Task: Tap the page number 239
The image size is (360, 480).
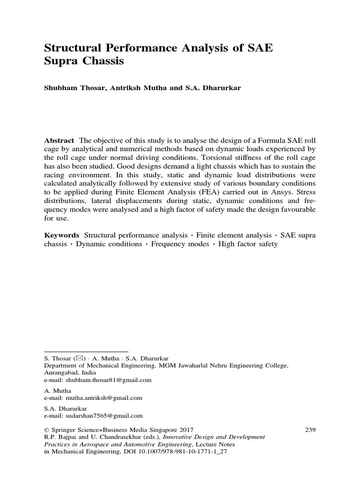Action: pyautogui.click(x=310, y=429)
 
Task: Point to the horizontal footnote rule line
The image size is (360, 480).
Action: pyautogui.click(x=86, y=351)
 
